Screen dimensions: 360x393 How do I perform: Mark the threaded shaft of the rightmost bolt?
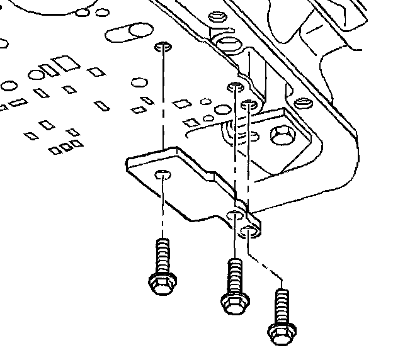tap(282, 305)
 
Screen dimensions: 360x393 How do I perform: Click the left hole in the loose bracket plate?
tap(162, 174)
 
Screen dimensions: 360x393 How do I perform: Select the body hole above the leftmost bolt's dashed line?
tap(162, 47)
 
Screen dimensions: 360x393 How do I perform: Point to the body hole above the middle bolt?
tap(235, 86)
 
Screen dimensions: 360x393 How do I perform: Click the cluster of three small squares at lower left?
tap(66, 147)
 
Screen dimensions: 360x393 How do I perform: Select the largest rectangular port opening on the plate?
tap(63, 64)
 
